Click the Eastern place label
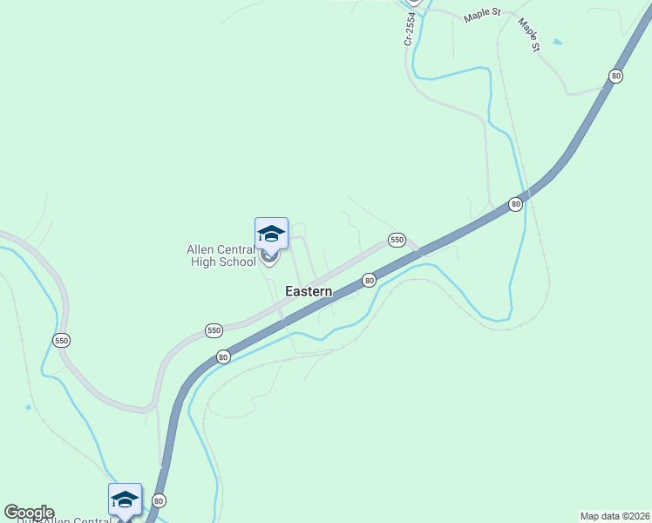click(309, 292)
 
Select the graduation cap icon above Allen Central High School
click(271, 233)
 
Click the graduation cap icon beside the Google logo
click(125, 499)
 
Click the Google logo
click(29, 513)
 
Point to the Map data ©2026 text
click(615, 516)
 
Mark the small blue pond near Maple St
click(557, 41)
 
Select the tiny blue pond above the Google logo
click(29, 407)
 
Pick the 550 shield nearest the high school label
click(214, 330)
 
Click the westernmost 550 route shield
click(61, 340)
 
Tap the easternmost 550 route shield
click(397, 240)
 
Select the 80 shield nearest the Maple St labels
click(616, 77)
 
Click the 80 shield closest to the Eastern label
click(369, 280)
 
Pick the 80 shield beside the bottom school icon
click(159, 500)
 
